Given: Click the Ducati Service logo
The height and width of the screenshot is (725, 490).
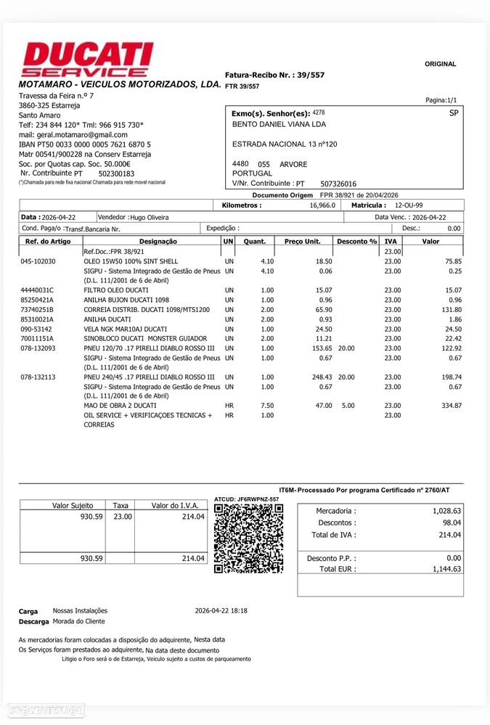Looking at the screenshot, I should pyautogui.click(x=88, y=60).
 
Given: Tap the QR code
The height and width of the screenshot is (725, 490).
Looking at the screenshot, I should pyautogui.click(x=248, y=538).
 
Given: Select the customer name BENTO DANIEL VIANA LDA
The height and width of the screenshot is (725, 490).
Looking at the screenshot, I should pyautogui.click(x=279, y=124).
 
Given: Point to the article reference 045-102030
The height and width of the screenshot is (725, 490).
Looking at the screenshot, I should pyautogui.click(x=38, y=261).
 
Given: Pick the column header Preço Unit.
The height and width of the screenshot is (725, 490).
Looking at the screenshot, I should pyautogui.click(x=303, y=241).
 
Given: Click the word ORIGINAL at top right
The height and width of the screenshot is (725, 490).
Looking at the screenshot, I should pyautogui.click(x=440, y=64).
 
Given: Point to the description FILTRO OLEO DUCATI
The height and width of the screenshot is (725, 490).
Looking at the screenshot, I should pyautogui.click(x=117, y=290).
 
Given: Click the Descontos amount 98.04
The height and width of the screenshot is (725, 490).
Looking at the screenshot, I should pyautogui.click(x=452, y=523).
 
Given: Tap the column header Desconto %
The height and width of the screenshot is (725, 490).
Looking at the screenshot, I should pyautogui.click(x=356, y=241).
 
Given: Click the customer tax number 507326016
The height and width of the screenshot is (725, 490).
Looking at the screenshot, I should pyautogui.click(x=339, y=184).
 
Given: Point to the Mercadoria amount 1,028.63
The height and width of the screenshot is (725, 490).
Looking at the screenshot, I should pyautogui.click(x=446, y=511).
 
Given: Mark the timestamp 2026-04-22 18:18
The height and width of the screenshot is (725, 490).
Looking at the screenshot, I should pyautogui.click(x=221, y=610).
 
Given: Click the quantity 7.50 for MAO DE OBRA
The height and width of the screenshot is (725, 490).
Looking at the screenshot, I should pyautogui.click(x=267, y=406).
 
